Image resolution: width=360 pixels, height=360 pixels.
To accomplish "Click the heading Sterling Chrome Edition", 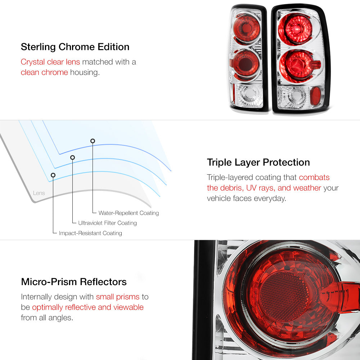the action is point(75,47).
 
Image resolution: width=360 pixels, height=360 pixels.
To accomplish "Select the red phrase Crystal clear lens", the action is point(50,62).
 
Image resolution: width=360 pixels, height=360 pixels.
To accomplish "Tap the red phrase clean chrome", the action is point(44,72).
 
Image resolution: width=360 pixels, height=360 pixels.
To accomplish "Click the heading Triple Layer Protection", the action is point(258,163).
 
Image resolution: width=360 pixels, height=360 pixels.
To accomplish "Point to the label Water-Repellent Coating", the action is point(129,213).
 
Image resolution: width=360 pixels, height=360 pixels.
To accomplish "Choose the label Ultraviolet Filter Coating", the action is point(107,223).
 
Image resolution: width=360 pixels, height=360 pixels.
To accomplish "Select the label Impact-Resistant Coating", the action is point(90,233).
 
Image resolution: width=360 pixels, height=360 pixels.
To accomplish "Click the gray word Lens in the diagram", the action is point(39,193).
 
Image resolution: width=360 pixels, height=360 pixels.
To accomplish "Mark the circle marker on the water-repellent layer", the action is point(93,141).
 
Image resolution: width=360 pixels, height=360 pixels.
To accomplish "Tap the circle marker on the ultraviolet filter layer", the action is point(73,158).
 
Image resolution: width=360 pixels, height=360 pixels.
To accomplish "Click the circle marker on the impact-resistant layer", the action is point(53,175).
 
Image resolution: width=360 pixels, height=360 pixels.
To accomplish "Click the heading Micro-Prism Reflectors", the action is point(74,282).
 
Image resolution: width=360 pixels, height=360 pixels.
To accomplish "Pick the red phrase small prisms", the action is point(118,297).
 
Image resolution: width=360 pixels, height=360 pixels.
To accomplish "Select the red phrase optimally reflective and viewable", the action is point(88,307).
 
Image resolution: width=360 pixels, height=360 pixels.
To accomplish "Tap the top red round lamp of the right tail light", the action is point(295,29).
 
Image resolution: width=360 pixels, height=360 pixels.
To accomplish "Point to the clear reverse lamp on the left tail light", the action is point(249,95).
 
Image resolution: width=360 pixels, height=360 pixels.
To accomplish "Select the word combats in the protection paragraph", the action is point(314,177).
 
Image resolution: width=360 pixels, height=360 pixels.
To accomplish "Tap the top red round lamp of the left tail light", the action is point(247,28).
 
